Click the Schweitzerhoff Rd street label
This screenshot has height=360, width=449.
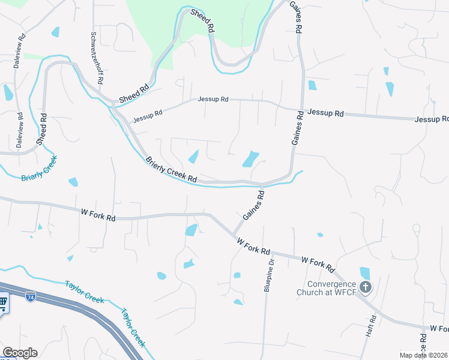[96, 58]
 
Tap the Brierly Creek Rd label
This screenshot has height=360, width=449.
[171, 170]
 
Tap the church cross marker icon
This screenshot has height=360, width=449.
[366, 287]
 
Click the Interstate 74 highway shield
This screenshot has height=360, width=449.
[30, 296]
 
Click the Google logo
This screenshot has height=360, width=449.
[20, 353]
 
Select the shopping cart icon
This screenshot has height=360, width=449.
[2, 302]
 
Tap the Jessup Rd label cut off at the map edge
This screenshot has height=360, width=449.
[431, 119]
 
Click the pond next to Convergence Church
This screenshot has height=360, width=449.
[364, 274]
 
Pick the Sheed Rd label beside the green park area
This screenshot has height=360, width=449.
[202, 20]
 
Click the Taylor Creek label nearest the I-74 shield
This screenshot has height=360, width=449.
[84, 287]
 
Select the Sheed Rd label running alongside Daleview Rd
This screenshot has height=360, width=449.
[41, 128]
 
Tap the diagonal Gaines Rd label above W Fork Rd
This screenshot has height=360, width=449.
[253, 205]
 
